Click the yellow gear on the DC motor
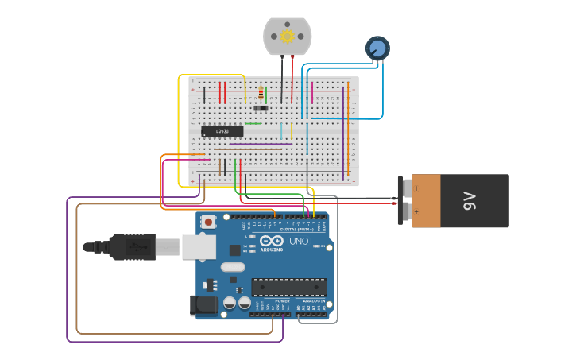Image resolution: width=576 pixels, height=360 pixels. click(x=288, y=37)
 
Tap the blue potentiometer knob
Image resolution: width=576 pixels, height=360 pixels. click(x=377, y=48)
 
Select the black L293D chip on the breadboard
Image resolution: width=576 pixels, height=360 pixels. click(x=222, y=131)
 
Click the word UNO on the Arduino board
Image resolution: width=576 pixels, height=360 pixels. click(x=299, y=242)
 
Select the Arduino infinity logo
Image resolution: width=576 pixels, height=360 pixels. click(x=271, y=242)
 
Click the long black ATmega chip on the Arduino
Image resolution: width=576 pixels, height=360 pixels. click(x=288, y=287)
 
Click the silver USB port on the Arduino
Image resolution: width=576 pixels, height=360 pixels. click(x=198, y=247)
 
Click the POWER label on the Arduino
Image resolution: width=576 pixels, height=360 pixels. click(x=282, y=301)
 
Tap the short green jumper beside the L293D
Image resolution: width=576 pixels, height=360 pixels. click(x=253, y=123)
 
